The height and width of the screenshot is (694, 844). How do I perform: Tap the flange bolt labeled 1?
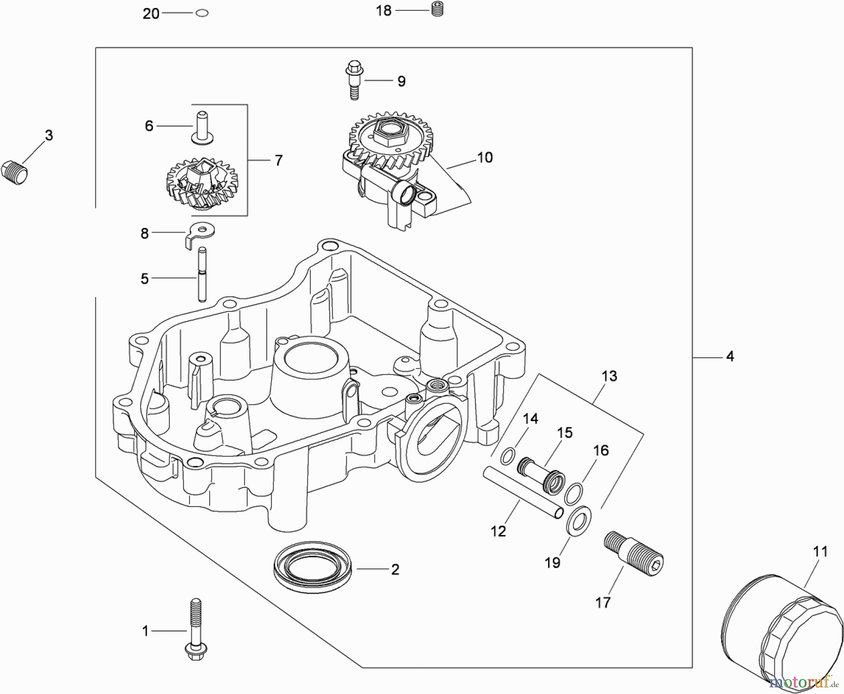coord(196,631)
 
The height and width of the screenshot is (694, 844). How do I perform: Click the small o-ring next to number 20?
coord(202,13)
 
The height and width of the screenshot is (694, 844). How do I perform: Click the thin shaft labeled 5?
coord(202,275)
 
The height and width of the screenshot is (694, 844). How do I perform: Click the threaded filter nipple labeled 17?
coord(633,553)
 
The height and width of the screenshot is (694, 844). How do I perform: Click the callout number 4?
coord(730,356)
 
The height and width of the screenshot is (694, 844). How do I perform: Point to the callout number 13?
coord(610,376)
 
